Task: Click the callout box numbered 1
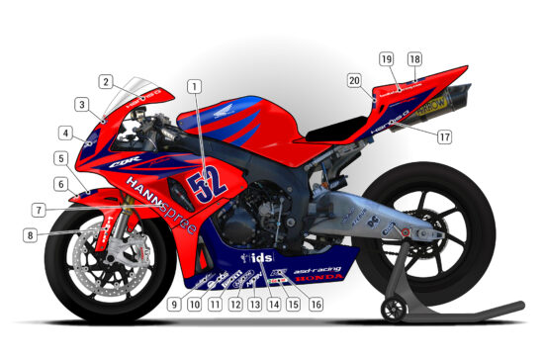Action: tap(195, 87)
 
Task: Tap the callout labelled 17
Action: tap(444, 137)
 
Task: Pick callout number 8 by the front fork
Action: tap(32, 235)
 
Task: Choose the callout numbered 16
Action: tap(316, 305)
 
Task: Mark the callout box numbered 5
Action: tap(61, 158)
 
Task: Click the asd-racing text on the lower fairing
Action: tap(317, 268)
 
